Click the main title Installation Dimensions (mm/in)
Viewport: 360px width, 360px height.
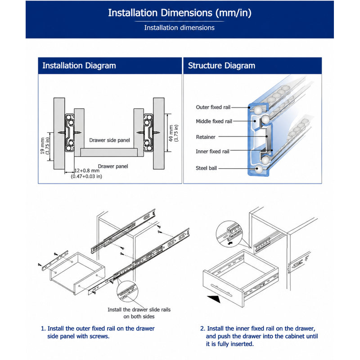[180, 13]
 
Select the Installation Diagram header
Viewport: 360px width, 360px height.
[79, 66]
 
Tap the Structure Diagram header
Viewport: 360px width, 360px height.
[221, 66]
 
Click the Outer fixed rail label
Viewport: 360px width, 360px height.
[213, 107]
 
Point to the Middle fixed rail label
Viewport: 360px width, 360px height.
[214, 121]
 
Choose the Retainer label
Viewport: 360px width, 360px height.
[206, 137]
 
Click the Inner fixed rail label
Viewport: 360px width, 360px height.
[212, 152]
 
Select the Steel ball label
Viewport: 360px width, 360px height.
[206, 168]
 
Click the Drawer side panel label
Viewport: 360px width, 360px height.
[109, 140]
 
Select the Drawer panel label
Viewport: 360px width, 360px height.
[113, 166]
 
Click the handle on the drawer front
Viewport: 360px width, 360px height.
[221, 290]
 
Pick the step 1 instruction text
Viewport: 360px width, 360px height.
[98, 332]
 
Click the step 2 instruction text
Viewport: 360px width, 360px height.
[259, 336]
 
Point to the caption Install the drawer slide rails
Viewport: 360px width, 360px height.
[139, 310]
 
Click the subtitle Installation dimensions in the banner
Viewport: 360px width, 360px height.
[179, 28]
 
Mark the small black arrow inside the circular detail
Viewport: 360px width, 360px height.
[230, 243]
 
